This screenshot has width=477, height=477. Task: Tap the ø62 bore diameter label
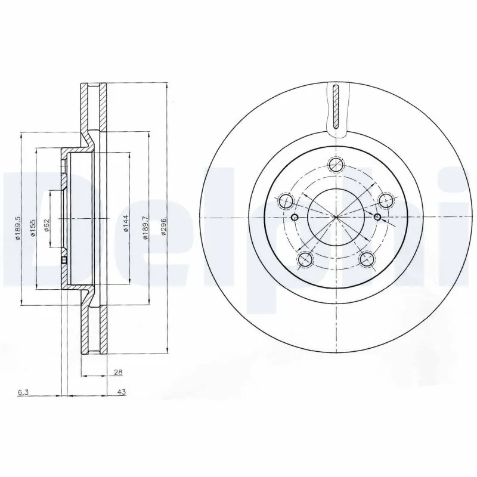47,226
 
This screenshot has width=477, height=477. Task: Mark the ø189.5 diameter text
18,227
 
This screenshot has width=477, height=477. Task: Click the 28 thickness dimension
117,373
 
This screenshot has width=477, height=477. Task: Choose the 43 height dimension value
121,393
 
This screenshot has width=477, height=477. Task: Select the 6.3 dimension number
23,393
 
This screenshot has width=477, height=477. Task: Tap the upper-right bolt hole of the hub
386,201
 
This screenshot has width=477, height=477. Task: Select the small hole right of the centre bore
377,216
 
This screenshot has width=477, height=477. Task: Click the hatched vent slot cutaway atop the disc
336,107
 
